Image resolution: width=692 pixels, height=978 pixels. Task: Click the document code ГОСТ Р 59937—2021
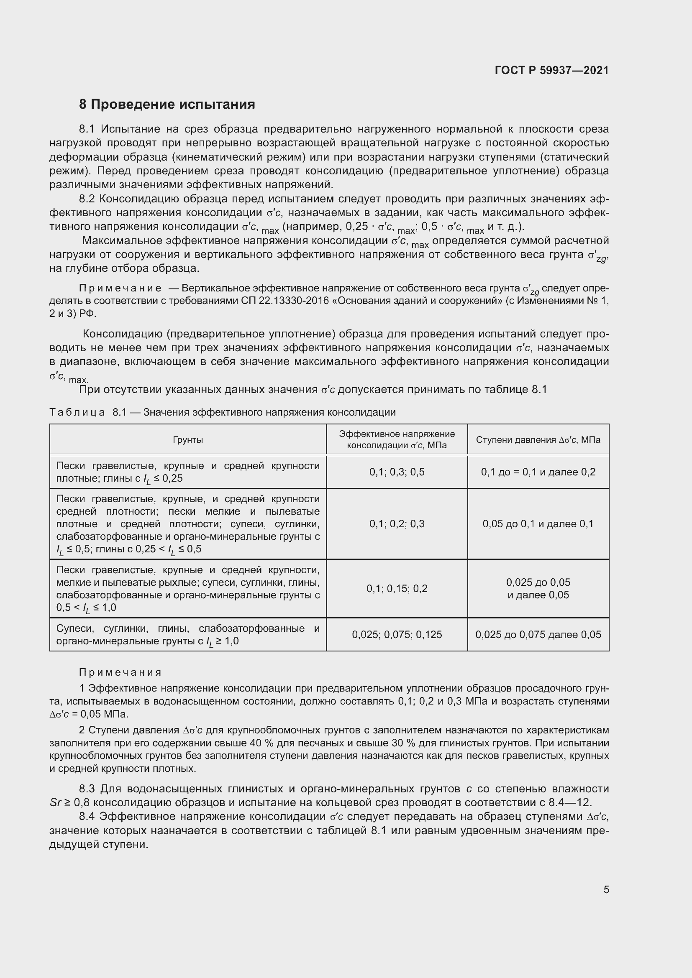[551, 70]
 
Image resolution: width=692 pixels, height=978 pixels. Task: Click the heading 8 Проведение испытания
[167, 105]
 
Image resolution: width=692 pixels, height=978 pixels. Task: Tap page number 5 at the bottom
[606, 889]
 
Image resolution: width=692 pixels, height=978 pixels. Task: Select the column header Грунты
[188, 439]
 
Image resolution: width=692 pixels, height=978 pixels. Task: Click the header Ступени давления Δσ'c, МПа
[538, 439]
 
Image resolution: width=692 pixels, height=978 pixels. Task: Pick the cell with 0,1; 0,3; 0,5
[397, 472]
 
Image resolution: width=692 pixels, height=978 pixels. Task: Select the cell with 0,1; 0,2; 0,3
[397, 524]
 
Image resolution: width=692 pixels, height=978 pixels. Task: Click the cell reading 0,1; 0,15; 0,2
[397, 589]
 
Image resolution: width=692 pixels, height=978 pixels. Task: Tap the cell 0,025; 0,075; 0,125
[397, 635]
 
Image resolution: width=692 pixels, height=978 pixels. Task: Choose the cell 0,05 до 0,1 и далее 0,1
[538, 524]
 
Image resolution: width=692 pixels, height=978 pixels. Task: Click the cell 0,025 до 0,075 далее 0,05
[538, 635]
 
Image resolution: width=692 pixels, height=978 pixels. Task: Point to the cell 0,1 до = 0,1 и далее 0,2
[538, 472]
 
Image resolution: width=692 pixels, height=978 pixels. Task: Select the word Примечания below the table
[120, 672]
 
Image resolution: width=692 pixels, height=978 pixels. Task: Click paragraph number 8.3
[87, 789]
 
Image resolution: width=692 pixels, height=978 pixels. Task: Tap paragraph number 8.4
[87, 817]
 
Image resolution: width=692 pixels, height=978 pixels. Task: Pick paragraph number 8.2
[87, 199]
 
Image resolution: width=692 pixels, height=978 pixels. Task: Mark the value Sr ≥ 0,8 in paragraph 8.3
[69, 803]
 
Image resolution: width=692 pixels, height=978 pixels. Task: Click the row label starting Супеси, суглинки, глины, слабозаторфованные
[188, 635]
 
